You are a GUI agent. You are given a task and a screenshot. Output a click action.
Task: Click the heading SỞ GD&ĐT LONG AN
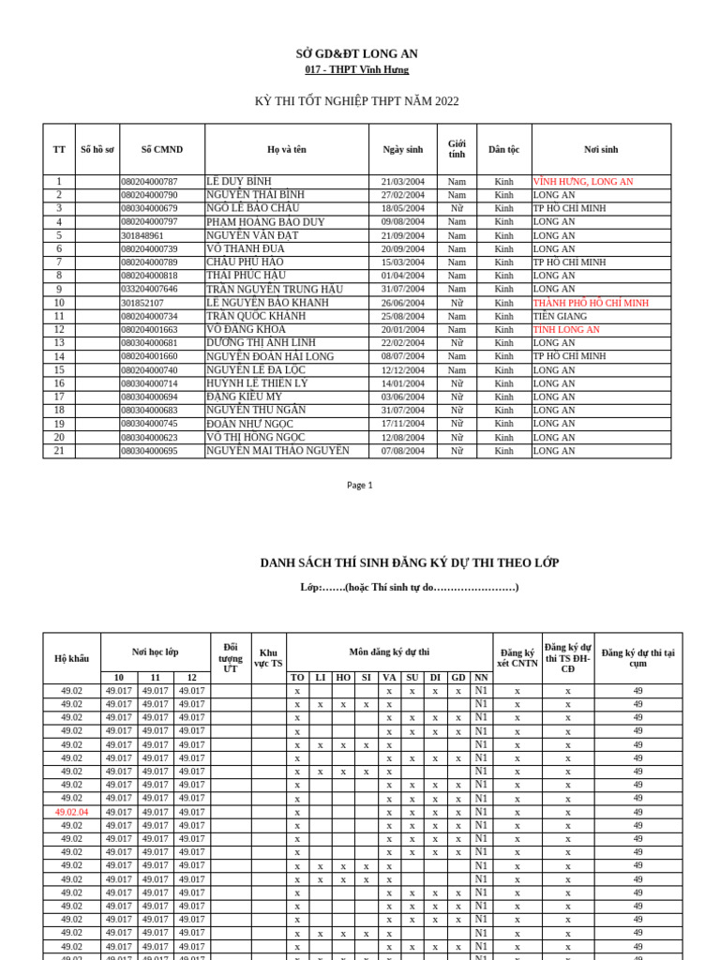(356, 54)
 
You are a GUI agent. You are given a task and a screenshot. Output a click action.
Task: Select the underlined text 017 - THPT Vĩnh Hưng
(356, 70)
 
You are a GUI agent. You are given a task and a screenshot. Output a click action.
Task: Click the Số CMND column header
(161, 149)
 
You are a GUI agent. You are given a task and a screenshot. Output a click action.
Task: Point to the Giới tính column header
(457, 149)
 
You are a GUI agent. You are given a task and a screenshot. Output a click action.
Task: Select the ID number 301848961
(142, 235)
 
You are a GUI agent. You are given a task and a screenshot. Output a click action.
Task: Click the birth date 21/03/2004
(402, 182)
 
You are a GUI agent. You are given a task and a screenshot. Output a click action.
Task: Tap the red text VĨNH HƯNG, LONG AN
(583, 182)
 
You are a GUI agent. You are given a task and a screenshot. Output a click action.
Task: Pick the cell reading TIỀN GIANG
(560, 317)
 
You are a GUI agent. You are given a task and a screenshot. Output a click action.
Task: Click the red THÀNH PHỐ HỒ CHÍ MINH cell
(591, 303)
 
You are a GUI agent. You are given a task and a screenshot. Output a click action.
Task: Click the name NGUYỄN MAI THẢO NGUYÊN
(277, 451)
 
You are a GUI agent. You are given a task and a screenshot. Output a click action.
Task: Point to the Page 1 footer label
(359, 485)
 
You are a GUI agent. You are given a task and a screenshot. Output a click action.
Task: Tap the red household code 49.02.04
(71, 812)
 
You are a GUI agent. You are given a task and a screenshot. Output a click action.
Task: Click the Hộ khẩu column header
(71, 658)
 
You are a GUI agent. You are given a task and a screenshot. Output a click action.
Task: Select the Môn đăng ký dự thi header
(389, 651)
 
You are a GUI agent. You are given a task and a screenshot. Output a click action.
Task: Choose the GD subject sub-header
(457, 677)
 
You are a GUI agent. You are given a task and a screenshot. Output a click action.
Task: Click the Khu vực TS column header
(268, 658)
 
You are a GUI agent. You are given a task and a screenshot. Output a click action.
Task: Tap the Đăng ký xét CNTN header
(517, 658)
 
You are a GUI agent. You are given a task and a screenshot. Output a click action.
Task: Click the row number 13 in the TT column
(59, 343)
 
